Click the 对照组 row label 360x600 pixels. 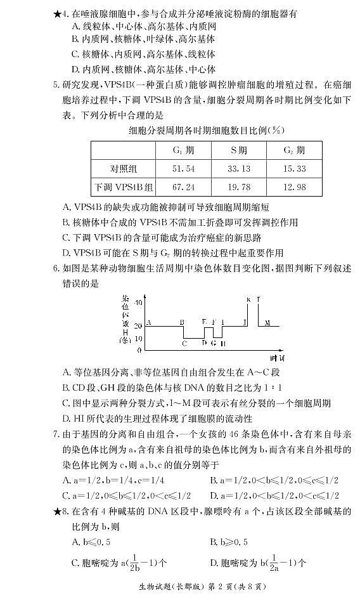pyautogui.click(x=124, y=169)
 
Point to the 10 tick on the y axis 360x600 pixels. pyautogui.click(x=138, y=337)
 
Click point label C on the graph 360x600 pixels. pyautogui.click(x=184, y=343)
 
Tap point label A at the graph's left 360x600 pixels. pyautogui.click(x=149, y=322)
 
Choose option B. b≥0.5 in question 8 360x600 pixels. pyautogui.click(x=229, y=542)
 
